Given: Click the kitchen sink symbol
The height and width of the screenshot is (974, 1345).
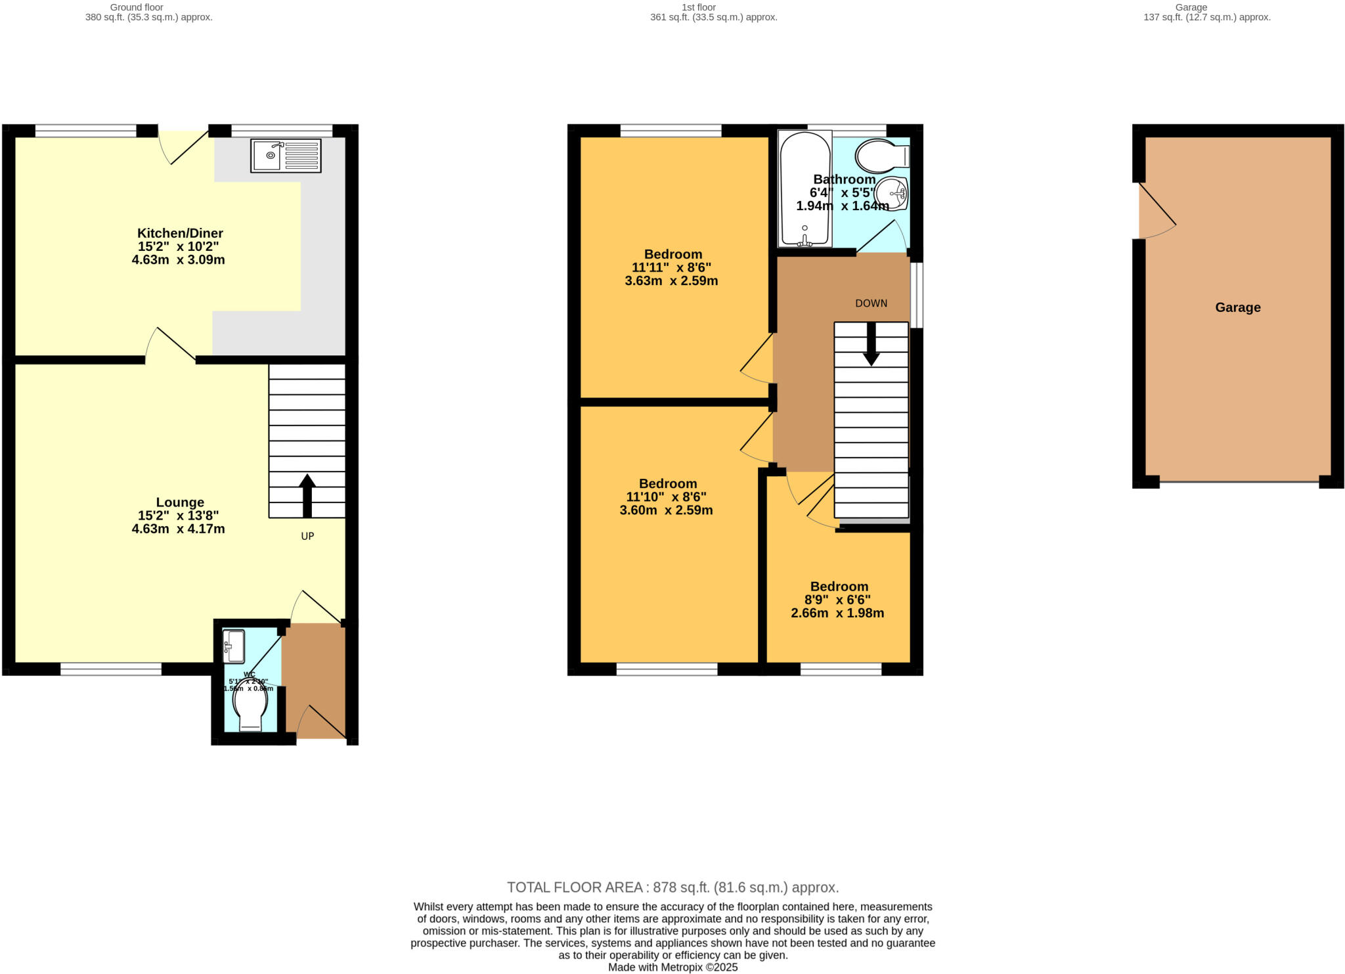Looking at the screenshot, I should [x=286, y=156].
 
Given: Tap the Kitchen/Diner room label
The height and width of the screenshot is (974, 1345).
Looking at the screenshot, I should [x=180, y=233].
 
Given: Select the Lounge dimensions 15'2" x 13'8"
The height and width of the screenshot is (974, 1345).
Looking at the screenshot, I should [x=178, y=516].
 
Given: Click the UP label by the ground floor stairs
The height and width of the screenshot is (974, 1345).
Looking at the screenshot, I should [x=307, y=536].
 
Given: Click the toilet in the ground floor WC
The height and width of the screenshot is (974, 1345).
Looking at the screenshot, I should [x=250, y=705].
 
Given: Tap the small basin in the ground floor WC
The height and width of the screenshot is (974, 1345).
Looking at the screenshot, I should [x=234, y=647].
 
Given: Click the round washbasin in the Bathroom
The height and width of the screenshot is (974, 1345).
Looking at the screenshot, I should [x=893, y=192].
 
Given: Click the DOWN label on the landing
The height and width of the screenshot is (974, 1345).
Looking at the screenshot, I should [x=871, y=303].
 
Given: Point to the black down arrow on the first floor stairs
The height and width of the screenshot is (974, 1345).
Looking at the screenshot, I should [x=871, y=344].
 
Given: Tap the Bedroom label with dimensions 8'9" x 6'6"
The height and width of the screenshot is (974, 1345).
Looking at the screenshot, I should [x=839, y=587].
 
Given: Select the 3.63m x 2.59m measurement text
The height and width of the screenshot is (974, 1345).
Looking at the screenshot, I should [x=671, y=281].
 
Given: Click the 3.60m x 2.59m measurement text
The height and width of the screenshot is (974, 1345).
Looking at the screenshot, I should [x=666, y=510].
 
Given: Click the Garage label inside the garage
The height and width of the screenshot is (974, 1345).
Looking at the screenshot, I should [x=1237, y=307].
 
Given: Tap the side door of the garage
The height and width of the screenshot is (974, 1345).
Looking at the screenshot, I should [x=1156, y=210].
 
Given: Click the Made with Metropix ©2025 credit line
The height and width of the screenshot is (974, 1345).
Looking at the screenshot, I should [x=672, y=967].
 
